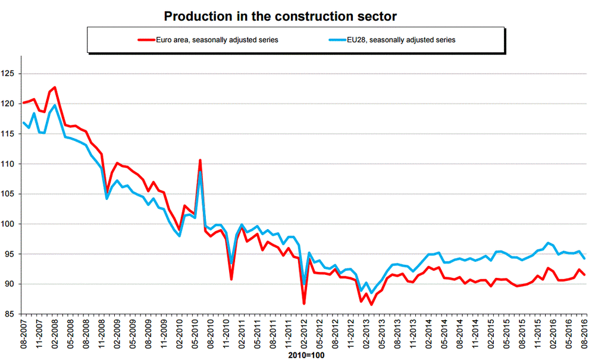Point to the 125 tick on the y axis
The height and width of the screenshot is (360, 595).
coord(11,74)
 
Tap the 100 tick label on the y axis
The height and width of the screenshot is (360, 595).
coord(11,224)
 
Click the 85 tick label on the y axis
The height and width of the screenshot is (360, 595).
coord(13,314)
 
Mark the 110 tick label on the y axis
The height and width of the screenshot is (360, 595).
coord(11,164)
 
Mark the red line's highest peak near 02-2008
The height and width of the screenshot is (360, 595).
coord(55,87)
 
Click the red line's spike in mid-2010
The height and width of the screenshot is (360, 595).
coord(200,160)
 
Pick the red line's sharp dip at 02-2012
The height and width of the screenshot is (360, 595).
coord(304,303)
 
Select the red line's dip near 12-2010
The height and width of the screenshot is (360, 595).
coord(231,278)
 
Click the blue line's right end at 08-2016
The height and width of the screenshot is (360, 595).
coord(585,258)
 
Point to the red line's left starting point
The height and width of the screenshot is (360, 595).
coord(23,103)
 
